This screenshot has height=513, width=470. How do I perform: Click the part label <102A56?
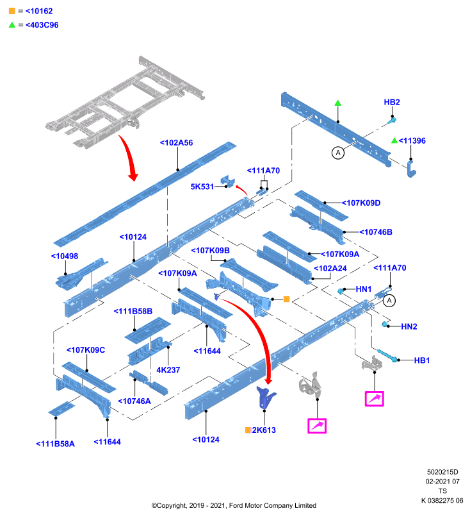coord(176,142)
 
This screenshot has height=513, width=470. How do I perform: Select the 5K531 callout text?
coord(202,187)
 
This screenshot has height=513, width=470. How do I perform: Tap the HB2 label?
coord(392,102)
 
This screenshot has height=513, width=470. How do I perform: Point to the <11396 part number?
coord(412,140)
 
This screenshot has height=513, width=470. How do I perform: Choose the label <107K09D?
coord(361,203)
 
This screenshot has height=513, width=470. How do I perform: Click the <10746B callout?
coord(376,232)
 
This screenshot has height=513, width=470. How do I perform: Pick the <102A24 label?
coord(330,268)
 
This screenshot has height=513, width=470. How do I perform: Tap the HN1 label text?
coord(364,289)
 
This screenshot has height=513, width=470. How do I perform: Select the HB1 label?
coord(422,360)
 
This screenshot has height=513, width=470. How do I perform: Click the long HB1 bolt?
coord(387,356)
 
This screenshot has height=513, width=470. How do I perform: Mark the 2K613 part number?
coord(264,430)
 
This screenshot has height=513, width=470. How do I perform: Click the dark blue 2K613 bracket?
coord(266,397)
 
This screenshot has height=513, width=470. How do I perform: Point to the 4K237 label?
coord(168,370)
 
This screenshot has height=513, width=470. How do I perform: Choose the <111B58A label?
coord(55,444)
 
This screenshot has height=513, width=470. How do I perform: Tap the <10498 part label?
coord(65,256)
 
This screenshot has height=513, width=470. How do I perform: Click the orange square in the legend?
coord(12,11)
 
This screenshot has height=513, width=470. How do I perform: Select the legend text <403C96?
coord(42,25)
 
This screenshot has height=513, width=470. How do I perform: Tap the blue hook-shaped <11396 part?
coord(411,169)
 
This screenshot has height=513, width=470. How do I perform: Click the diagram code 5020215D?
coord(442,472)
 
